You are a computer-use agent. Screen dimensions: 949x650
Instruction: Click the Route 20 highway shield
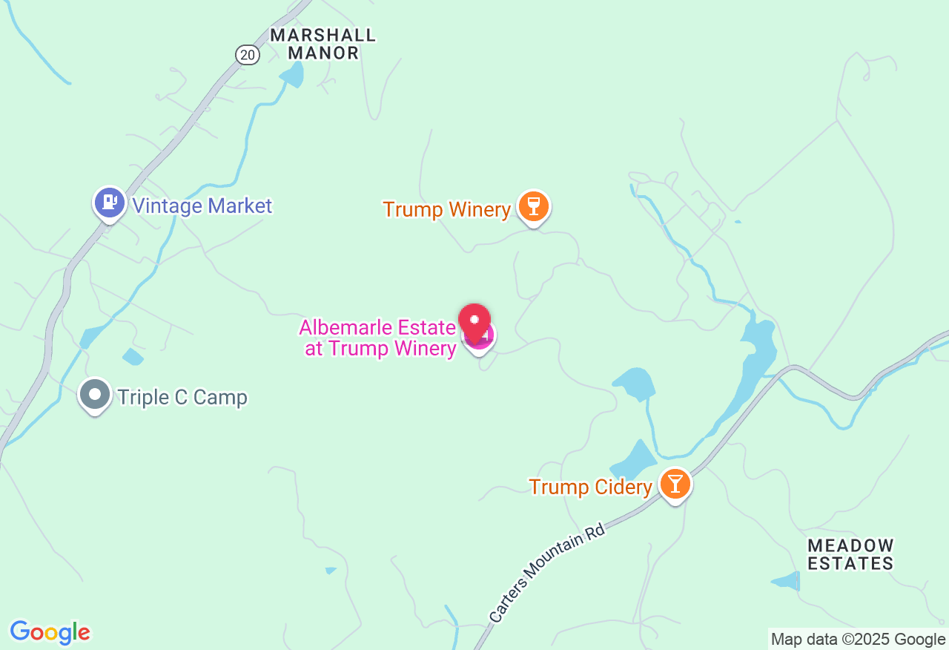coord(248,54)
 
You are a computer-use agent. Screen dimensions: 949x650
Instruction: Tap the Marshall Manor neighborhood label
coord(323,44)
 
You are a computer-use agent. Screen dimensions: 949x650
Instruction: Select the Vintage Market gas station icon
coord(110,202)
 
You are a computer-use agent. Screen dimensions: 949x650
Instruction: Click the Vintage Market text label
coord(202,206)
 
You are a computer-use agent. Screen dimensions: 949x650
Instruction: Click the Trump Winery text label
coord(447,210)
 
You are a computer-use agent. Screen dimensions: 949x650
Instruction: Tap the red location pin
coord(474,321)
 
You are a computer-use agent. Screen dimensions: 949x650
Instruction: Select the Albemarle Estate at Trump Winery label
coord(378,338)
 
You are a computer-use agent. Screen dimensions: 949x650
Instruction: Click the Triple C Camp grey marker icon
coord(95,394)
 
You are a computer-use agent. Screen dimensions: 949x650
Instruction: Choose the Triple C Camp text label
coord(182,398)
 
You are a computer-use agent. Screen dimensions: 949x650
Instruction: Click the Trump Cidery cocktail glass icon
coord(675,484)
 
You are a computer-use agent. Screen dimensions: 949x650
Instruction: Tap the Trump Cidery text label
coord(590,487)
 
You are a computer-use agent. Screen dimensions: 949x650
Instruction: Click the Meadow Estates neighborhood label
coord(850,555)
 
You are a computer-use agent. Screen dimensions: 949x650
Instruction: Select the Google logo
coord(50,633)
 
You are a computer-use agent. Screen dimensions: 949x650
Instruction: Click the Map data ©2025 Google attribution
coord(858,639)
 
